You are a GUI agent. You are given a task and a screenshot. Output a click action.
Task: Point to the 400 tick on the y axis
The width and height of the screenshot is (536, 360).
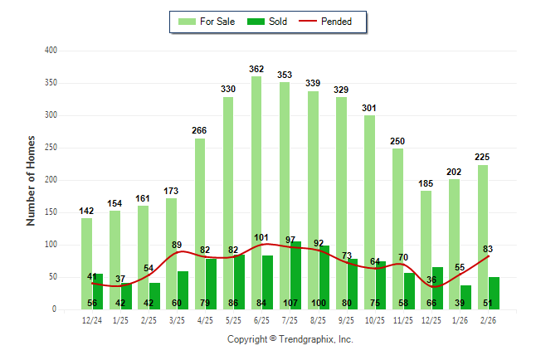click(x=51, y=51)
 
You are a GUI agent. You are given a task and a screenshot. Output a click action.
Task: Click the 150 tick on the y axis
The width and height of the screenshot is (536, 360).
click(x=51, y=212)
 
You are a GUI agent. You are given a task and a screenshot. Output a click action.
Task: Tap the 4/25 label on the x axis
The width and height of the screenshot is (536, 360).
click(x=206, y=319)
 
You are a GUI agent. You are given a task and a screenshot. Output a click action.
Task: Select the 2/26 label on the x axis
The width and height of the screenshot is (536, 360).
click(x=488, y=319)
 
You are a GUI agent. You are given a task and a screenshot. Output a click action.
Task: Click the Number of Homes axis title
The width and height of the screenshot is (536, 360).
click(x=32, y=180)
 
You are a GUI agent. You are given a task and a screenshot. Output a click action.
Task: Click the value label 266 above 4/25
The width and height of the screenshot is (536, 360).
click(x=200, y=131)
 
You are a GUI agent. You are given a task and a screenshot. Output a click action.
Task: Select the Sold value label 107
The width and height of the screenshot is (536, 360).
click(x=290, y=303)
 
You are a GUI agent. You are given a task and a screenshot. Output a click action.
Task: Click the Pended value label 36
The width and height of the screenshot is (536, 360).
click(x=431, y=280)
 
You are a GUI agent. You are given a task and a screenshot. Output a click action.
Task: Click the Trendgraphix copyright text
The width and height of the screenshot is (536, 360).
click(x=290, y=339)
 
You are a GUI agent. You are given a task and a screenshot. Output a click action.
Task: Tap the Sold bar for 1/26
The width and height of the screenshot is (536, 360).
click(x=465, y=294)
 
